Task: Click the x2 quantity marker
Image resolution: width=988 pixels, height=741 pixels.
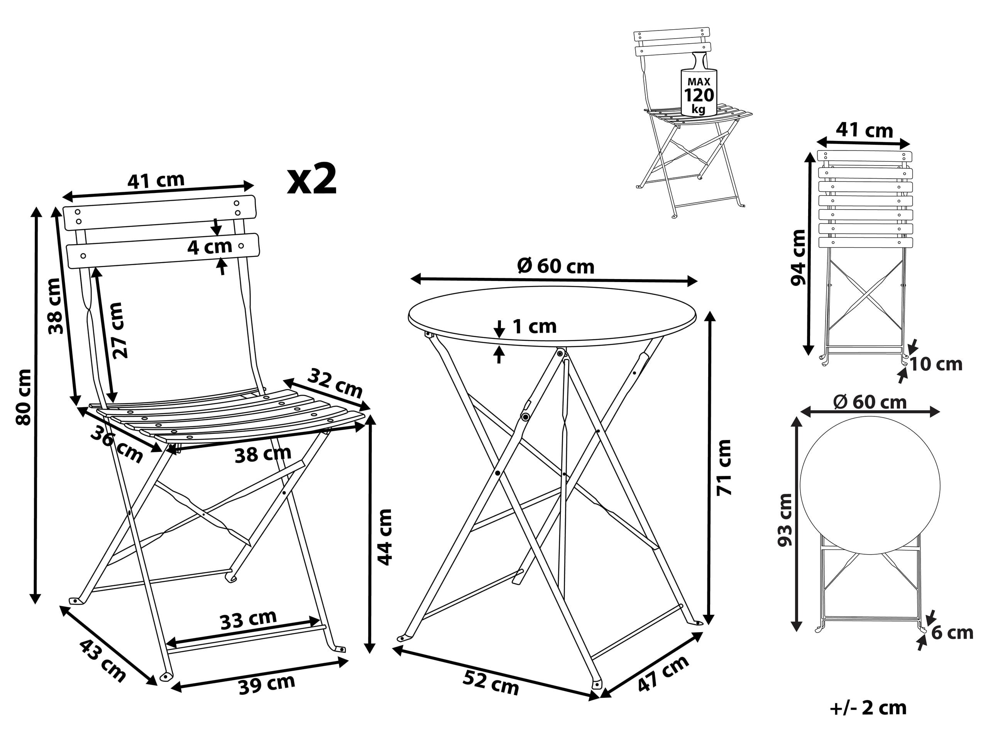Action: (311, 179)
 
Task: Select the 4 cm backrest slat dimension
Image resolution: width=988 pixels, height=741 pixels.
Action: (209, 247)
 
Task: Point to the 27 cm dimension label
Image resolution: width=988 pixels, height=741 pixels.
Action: (119, 330)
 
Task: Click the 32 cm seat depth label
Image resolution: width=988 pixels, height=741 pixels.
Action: (335, 383)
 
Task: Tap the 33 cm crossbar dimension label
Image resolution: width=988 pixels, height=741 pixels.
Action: (248, 619)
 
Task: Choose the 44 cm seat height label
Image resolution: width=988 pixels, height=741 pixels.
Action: (384, 537)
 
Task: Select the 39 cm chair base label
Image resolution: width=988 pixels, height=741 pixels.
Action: (267, 684)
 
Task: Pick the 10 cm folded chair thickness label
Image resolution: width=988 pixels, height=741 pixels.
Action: (936, 364)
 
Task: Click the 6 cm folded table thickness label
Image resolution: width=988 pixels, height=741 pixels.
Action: (952, 633)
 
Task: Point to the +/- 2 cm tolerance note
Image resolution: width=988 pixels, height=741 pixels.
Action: (868, 709)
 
